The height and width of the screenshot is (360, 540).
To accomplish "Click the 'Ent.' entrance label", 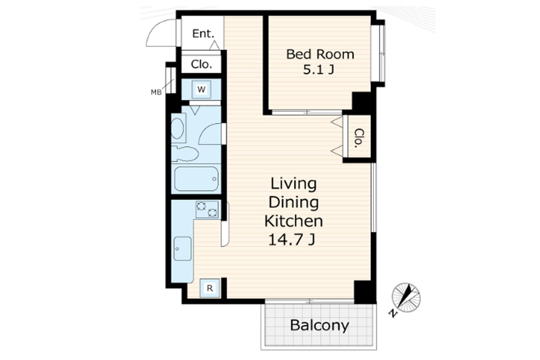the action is click(x=203, y=34).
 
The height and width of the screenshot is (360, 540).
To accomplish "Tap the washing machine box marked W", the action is click(x=201, y=90).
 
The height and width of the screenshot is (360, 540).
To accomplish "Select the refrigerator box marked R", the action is click(x=210, y=288).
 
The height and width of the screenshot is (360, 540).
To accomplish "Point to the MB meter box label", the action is click(x=156, y=92).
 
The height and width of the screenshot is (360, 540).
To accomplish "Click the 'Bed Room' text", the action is click(x=320, y=54).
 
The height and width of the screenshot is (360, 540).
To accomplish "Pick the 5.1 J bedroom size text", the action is click(x=319, y=70).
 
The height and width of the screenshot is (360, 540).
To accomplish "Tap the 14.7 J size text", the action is click(x=292, y=240).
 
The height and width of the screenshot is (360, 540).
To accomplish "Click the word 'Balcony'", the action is click(x=319, y=325).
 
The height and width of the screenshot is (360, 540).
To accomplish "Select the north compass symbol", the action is click(x=406, y=298).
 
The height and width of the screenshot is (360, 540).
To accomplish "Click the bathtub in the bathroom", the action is click(x=197, y=179).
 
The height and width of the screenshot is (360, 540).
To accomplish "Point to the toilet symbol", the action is click(x=184, y=153).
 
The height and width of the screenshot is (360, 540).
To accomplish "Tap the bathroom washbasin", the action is click(x=178, y=128).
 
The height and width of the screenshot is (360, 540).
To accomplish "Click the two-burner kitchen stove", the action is click(x=207, y=210).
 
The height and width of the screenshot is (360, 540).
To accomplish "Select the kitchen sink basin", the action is click(x=183, y=248).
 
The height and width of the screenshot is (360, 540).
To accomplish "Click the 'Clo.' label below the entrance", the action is click(x=201, y=64).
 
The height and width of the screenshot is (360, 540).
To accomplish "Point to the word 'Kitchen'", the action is click(x=293, y=221).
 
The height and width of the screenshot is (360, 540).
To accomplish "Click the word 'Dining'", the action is click(x=293, y=203).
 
